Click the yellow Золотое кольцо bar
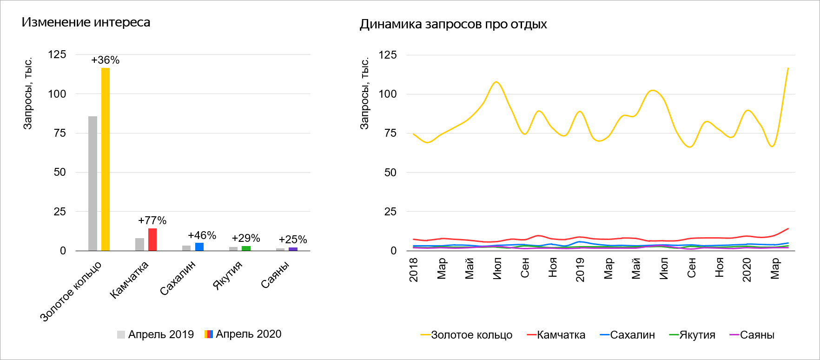(106, 159)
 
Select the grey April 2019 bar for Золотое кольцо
(93, 183)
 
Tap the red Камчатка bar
(152, 240)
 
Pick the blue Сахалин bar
(199, 247)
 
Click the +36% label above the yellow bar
(106, 60)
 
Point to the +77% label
(152, 220)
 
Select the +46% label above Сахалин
(202, 235)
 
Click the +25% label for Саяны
(293, 240)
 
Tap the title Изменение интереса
(86, 22)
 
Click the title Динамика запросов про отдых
(453, 24)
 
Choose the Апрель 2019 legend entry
(155, 334)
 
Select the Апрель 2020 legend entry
(243, 334)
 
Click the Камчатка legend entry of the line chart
(556, 335)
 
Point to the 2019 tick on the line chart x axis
(580, 270)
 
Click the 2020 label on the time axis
(747, 270)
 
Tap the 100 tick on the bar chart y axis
(57, 94)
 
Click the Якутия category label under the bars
(228, 275)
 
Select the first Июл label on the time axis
(497, 269)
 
